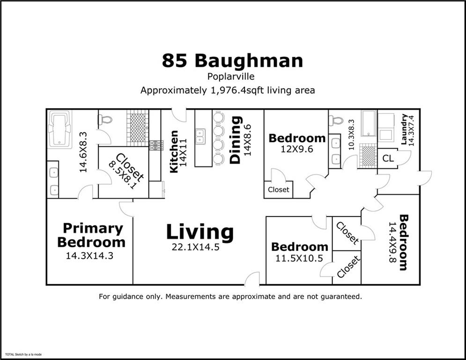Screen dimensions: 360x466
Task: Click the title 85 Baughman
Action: [x=232, y=61]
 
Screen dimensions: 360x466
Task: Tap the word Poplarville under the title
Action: [x=232, y=76]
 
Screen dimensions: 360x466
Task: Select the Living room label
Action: [x=200, y=232]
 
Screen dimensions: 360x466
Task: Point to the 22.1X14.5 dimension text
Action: [x=195, y=247]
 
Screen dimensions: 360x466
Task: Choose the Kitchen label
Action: [x=174, y=151]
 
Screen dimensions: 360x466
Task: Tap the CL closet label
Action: [x=388, y=159]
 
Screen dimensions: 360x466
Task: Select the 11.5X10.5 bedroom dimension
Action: [x=299, y=258]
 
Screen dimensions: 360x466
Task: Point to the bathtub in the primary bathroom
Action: [x=59, y=129]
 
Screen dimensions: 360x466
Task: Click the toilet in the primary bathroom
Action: [x=106, y=120]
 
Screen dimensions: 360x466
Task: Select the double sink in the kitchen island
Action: [x=200, y=136]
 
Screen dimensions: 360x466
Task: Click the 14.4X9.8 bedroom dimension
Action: [x=392, y=242]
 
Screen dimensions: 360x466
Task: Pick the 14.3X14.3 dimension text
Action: [x=90, y=256]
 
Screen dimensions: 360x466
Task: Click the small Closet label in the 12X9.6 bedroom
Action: [x=279, y=190]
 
